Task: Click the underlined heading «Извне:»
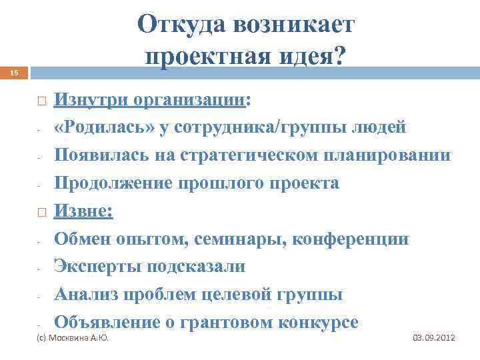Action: (84, 211)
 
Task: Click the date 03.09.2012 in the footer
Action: (434, 339)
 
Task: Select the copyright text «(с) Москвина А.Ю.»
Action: (71, 339)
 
